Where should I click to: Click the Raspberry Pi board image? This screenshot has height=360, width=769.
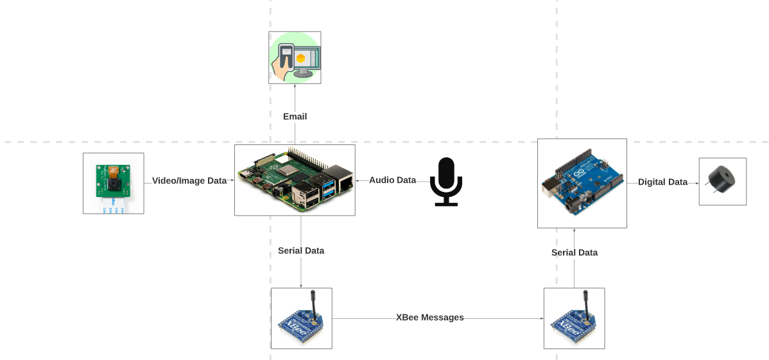(x=295, y=180)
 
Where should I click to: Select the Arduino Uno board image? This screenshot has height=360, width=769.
(x=582, y=183)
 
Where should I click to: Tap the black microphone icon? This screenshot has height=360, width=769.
(x=445, y=182)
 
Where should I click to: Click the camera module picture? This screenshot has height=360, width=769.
(x=114, y=183)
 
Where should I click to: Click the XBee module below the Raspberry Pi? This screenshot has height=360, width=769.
(x=301, y=318)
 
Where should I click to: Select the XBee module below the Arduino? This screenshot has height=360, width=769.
(x=574, y=318)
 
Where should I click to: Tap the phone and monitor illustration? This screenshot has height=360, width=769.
(x=295, y=58)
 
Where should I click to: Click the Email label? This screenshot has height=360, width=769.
(x=295, y=116)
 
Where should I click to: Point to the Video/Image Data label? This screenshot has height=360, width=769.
(x=189, y=181)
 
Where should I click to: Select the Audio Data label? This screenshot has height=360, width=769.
(x=392, y=180)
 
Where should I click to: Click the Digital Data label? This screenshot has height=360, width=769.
(x=662, y=182)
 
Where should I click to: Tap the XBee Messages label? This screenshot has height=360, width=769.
(x=429, y=318)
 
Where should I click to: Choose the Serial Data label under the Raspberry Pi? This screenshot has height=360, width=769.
(x=301, y=251)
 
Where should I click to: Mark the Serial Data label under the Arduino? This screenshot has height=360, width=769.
(x=574, y=253)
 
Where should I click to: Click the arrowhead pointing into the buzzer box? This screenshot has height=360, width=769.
(x=696, y=182)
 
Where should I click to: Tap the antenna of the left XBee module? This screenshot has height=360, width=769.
(x=313, y=302)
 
